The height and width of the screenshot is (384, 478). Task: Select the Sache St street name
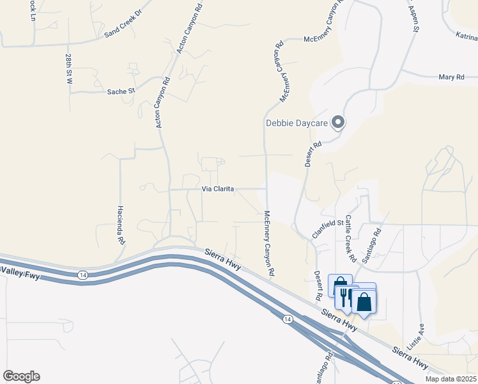[121, 92]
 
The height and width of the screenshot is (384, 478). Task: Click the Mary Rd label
[451, 77]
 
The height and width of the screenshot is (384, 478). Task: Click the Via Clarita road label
[218, 189]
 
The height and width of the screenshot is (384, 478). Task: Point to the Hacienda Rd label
[119, 226]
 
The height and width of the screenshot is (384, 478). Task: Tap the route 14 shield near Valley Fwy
[82, 275]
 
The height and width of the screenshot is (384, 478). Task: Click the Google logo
[21, 376]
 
